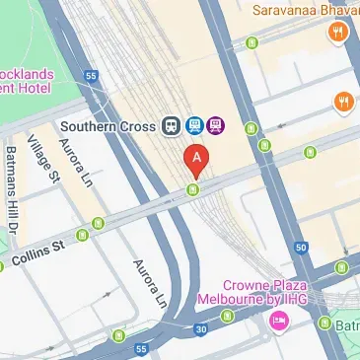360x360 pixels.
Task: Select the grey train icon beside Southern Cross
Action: [x=172, y=125]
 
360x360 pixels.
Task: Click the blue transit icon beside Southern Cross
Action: [x=193, y=125]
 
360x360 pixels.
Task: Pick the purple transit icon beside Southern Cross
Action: [x=215, y=125]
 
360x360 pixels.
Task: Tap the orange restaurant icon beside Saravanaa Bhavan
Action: [x=338, y=33]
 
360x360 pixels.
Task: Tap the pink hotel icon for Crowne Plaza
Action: [x=279, y=320]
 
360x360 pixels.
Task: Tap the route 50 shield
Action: [x=301, y=248]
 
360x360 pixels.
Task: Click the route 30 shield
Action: [x=202, y=328]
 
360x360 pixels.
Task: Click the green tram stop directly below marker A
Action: [x=194, y=188]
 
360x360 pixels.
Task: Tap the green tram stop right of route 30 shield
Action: [x=229, y=317]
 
